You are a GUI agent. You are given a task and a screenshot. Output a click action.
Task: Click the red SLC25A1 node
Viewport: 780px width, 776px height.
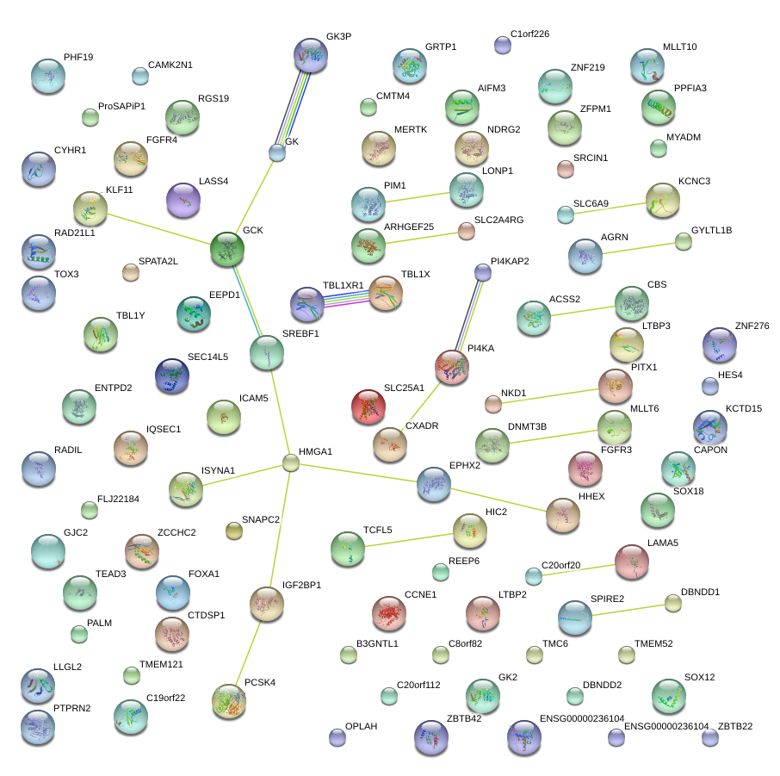click(x=368, y=406)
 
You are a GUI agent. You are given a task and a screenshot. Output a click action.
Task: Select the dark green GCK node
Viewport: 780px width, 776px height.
click(x=227, y=249)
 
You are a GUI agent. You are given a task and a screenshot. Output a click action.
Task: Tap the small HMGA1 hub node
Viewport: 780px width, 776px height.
click(x=291, y=462)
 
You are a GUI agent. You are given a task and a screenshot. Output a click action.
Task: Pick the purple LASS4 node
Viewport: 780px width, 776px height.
click(x=183, y=201)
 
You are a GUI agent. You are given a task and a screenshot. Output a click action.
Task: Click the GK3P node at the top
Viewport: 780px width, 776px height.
click(x=311, y=55)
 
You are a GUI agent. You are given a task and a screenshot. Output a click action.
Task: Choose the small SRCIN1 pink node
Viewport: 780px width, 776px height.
click(x=566, y=169)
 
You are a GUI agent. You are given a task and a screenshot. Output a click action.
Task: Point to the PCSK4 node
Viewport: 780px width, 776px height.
click(x=229, y=702)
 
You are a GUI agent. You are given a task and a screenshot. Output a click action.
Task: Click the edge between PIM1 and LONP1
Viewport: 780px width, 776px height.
click(x=418, y=196)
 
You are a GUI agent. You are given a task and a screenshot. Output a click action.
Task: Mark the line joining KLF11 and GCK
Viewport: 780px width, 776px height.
click(x=159, y=228)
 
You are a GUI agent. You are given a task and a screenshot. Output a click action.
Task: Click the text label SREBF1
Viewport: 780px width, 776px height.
click(x=300, y=334)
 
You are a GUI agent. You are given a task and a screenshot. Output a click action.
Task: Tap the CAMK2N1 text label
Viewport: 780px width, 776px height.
click(x=170, y=65)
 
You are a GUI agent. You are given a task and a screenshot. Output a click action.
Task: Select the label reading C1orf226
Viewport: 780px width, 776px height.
click(x=529, y=34)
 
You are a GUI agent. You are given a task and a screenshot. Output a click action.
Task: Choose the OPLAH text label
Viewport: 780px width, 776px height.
click(x=361, y=727)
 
